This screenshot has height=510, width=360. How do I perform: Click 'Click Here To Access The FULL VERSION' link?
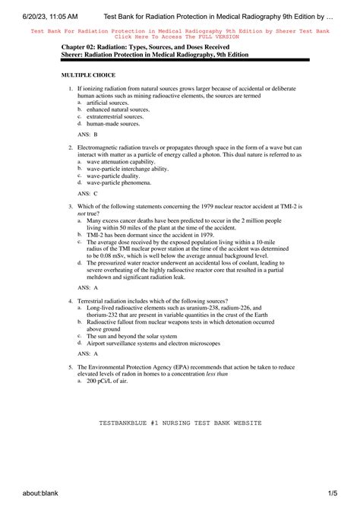pos(179,36)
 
